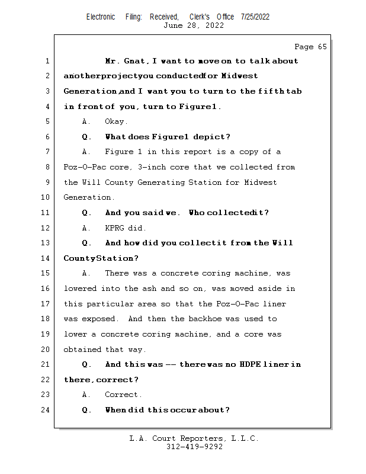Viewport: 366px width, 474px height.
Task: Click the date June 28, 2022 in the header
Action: [x=194, y=25]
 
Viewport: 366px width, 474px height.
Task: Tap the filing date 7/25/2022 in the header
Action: [x=255, y=17]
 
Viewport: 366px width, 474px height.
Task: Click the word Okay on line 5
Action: [x=115, y=121]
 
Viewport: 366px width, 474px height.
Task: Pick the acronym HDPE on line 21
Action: [x=255, y=364]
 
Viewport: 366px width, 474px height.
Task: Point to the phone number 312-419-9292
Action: [x=194, y=447]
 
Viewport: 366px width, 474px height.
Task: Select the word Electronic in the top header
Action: [x=101, y=17]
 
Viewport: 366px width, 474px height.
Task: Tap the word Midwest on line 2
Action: [x=239, y=76]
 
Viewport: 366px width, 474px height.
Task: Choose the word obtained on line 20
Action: [x=82, y=349]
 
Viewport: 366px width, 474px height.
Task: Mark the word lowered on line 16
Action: [x=80, y=289]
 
